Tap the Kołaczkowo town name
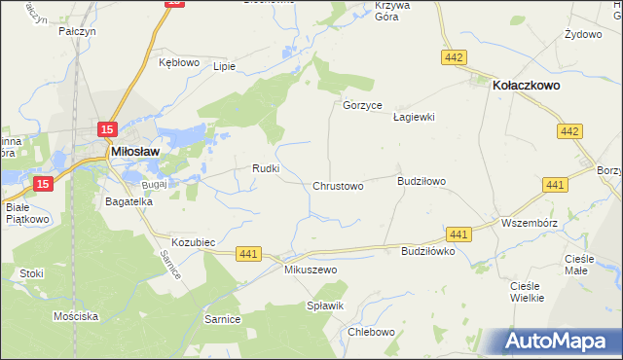click(533, 85)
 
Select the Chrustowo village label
click(338, 186)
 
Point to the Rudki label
click(266, 167)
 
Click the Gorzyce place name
click(362, 105)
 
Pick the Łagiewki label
click(413, 117)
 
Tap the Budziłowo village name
click(421, 181)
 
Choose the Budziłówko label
click(428, 251)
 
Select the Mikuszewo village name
click(310, 269)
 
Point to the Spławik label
click(326, 306)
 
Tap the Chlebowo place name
click(371, 332)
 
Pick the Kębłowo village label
click(178, 62)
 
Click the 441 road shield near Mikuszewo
click(249, 254)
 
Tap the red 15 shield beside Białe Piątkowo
click(42, 183)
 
